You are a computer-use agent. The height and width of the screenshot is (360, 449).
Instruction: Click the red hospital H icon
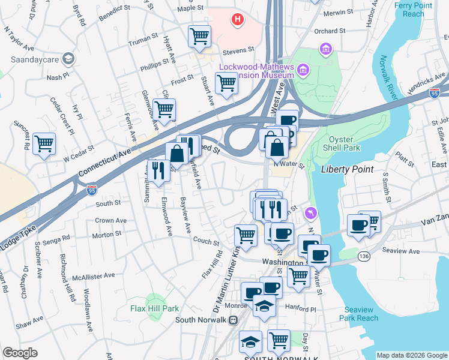coord(238,20)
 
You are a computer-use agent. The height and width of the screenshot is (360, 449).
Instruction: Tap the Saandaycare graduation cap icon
coord(68,59)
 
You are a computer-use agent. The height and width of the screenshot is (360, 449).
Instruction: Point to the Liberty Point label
coord(347,169)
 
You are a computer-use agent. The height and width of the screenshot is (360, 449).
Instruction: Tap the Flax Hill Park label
coord(155,308)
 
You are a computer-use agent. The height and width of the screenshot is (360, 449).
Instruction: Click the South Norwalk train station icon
coord(233,320)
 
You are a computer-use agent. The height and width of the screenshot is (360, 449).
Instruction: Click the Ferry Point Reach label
coord(413,9)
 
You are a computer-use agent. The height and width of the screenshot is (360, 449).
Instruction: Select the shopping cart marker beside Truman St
coord(199,36)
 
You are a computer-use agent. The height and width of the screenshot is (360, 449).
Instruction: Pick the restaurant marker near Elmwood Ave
coord(158,170)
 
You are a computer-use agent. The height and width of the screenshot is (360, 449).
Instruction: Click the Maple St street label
coord(190,8)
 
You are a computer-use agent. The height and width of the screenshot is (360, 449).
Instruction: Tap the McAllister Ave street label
coord(93,276)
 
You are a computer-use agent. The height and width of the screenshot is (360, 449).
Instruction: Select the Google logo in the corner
coord(20,353)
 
